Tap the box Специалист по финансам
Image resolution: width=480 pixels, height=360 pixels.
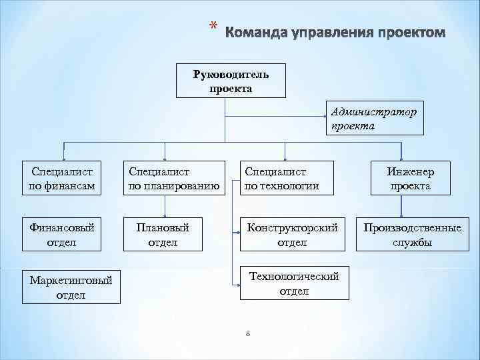(61, 179)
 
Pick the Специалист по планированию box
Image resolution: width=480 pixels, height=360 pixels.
(175, 179)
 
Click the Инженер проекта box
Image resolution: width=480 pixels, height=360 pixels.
(410, 179)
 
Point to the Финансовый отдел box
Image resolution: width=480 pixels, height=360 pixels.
(61, 235)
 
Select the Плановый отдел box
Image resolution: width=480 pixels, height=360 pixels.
(162, 235)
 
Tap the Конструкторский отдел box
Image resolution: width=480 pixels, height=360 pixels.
(292, 235)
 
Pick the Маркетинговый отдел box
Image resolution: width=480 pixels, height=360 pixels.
(71, 287)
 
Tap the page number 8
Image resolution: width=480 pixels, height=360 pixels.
(247, 335)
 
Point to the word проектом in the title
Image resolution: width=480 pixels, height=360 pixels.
(409, 33)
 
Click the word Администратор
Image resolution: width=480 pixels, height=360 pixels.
(373, 112)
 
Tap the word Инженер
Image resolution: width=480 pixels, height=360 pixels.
(410, 172)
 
